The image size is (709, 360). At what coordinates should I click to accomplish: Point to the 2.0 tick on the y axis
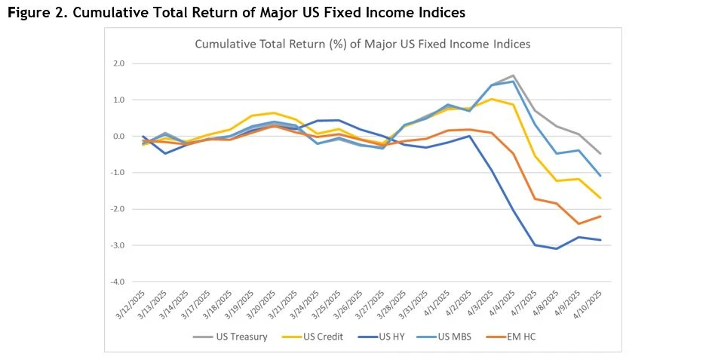119,63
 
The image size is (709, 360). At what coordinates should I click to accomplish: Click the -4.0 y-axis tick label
118,282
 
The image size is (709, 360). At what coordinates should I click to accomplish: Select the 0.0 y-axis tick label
119,137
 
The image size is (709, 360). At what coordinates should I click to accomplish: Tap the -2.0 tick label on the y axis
118,209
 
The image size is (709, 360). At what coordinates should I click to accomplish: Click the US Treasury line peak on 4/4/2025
513,75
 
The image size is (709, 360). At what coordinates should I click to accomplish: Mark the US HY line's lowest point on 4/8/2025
556,248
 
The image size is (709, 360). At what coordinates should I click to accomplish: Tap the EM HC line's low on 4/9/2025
578,223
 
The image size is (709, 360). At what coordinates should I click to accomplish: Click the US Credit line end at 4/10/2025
600,198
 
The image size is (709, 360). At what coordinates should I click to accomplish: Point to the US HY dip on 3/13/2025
165,153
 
